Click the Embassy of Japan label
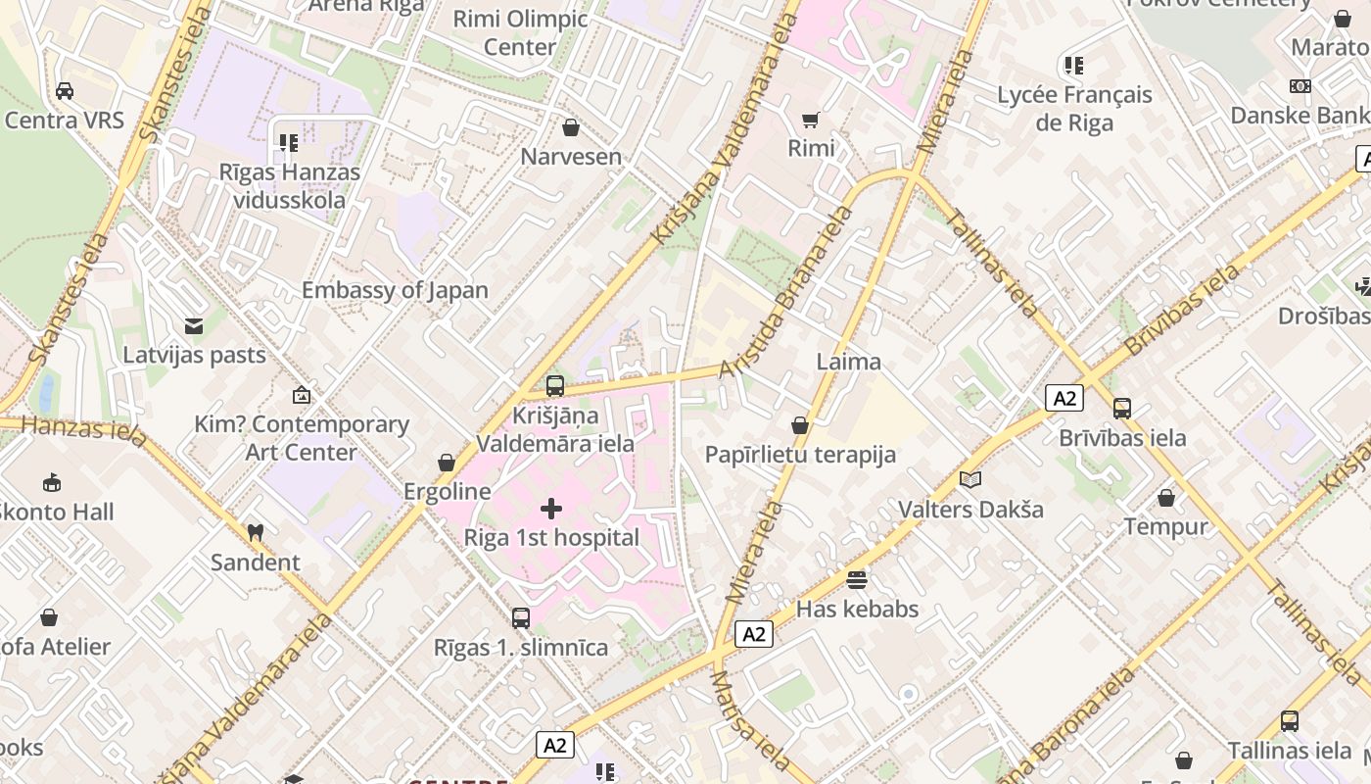pos(394,290)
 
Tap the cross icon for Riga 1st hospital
pos(551,509)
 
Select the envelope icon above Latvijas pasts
pos(194,325)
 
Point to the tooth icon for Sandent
pos(256,533)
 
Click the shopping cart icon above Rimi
pos(811,120)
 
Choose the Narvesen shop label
pos(571,157)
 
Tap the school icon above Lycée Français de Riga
pos(1074,66)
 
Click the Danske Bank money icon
pos(1300,86)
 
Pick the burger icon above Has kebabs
pos(857,580)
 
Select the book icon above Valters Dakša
pos(970,480)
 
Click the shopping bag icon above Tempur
pos(1165,498)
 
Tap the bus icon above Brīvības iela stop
pos(1122,409)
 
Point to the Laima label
pos(848,362)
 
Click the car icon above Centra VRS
pos(65,91)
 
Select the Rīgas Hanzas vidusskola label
pos(289,186)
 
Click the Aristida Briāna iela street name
pos(785,294)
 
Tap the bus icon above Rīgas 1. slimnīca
pos(521,618)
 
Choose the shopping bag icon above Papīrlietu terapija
pos(800,425)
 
